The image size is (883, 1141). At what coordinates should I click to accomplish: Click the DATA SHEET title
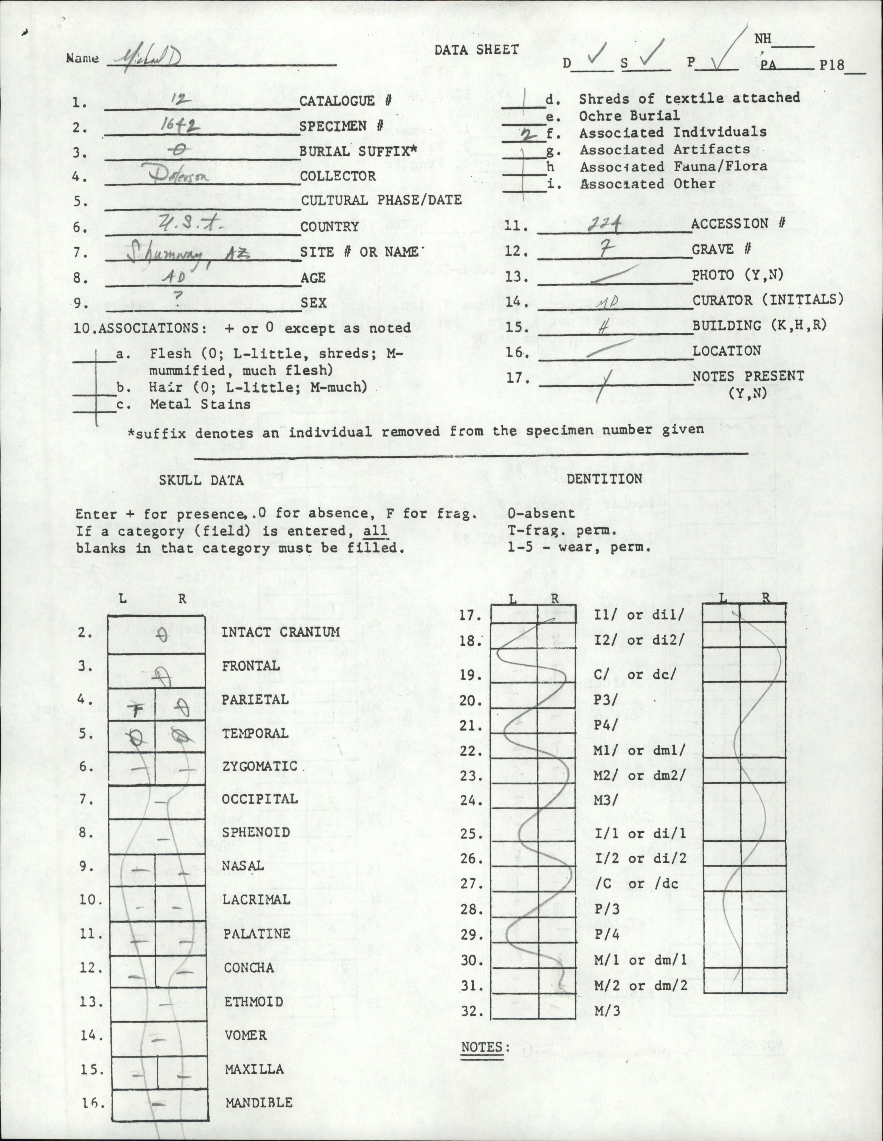click(476, 50)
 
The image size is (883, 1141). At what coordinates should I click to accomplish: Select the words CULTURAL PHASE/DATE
click(381, 201)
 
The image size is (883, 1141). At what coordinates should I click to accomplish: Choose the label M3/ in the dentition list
click(606, 800)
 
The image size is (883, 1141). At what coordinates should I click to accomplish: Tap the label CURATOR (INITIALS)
click(768, 300)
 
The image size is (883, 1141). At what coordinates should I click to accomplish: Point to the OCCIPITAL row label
click(259, 799)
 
